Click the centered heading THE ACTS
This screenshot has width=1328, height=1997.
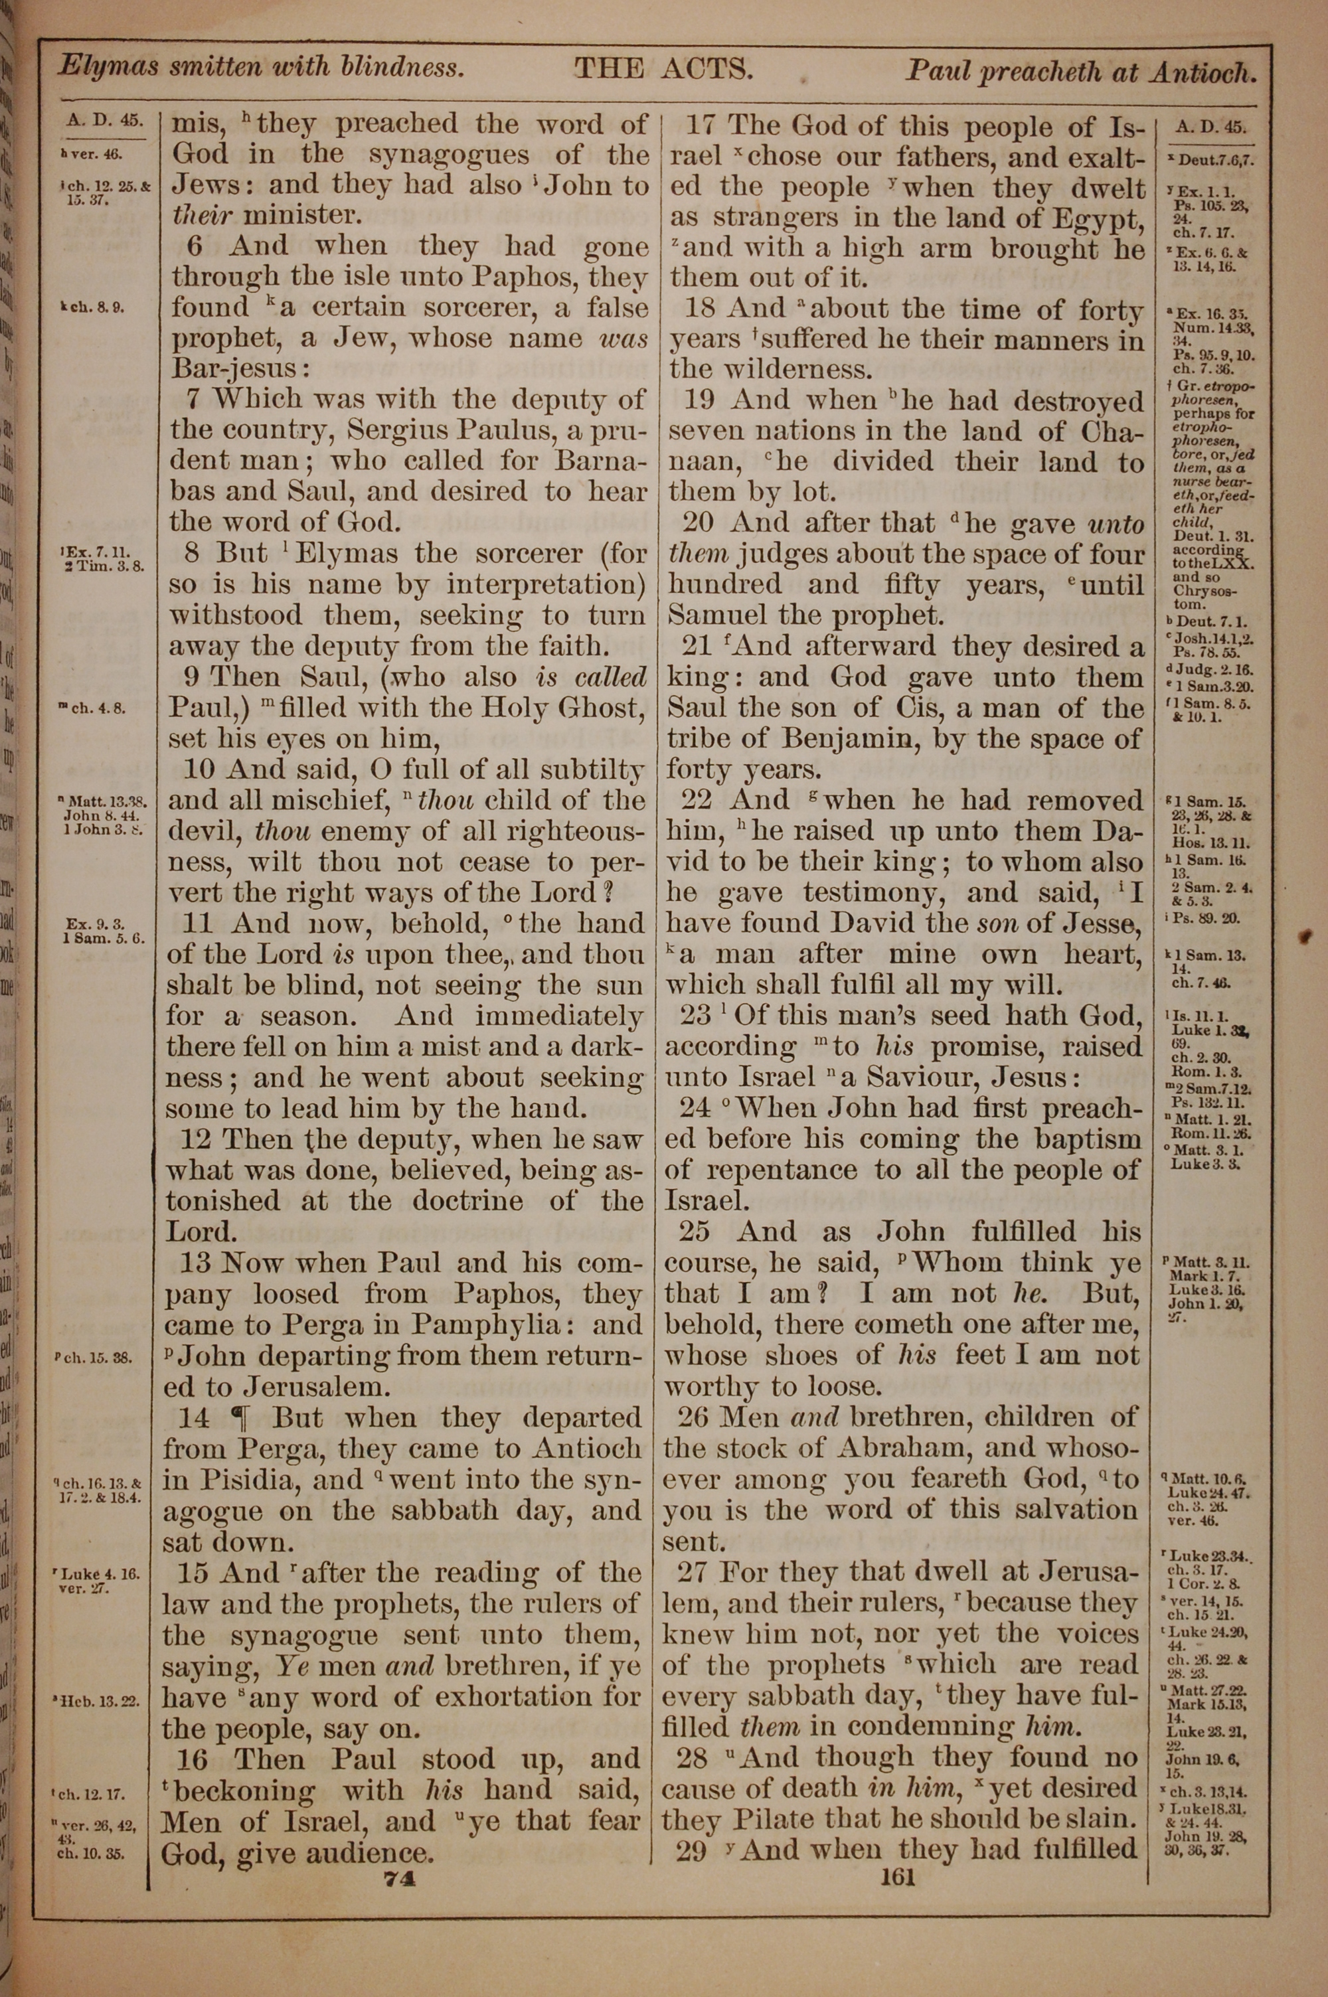(663, 70)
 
